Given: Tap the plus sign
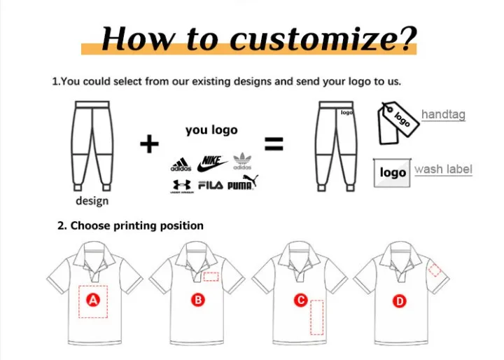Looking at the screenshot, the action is pyautogui.click(x=150, y=144).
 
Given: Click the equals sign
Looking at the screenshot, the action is pyautogui.click(x=274, y=144).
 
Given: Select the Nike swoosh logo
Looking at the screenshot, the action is pyautogui.click(x=211, y=164).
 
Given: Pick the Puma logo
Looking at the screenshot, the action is pyautogui.click(x=243, y=182).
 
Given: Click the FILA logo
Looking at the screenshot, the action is pyautogui.click(x=211, y=185).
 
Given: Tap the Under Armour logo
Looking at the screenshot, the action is pyautogui.click(x=182, y=186).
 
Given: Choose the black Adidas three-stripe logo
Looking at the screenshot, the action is pyautogui.click(x=181, y=165).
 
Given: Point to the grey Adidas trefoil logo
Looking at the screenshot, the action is pyautogui.click(x=242, y=161).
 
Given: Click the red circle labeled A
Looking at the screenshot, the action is pyautogui.click(x=93, y=300).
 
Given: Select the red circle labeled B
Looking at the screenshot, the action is pyautogui.click(x=198, y=300).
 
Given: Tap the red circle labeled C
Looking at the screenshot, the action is pyautogui.click(x=301, y=300).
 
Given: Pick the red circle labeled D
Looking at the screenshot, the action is pyautogui.click(x=400, y=301).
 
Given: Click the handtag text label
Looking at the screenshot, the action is pyautogui.click(x=443, y=114).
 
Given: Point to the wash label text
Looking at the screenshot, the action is pyautogui.click(x=443, y=169).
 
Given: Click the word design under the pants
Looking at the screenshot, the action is pyautogui.click(x=92, y=201).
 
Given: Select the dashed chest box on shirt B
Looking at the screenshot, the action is pyautogui.click(x=211, y=277).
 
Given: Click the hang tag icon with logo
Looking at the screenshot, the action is pyautogui.click(x=398, y=123).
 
